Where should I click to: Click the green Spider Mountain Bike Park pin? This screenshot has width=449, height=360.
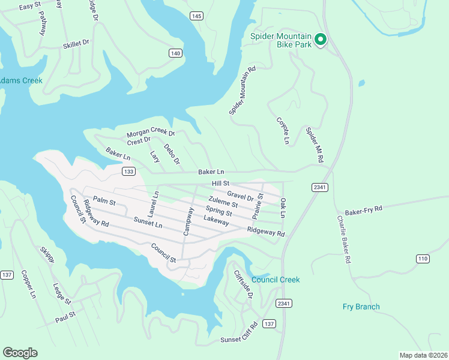click(321, 40)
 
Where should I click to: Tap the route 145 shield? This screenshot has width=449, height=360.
click(196, 16)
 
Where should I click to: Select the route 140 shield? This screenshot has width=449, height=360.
click(175, 53)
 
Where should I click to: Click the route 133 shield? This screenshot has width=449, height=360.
click(128, 172)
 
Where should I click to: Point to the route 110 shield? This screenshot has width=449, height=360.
click(423, 258)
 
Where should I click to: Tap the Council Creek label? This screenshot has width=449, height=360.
click(276, 280)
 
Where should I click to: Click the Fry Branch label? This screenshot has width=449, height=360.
click(361, 307)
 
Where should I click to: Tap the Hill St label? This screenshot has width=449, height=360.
click(221, 183)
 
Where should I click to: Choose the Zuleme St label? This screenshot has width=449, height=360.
click(223, 201)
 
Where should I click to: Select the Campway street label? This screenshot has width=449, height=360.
click(188, 221)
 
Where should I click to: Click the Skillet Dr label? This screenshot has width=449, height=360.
click(76, 44)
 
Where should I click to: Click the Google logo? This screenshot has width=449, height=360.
click(20, 352)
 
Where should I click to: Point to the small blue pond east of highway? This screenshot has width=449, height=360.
click(361, 83)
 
